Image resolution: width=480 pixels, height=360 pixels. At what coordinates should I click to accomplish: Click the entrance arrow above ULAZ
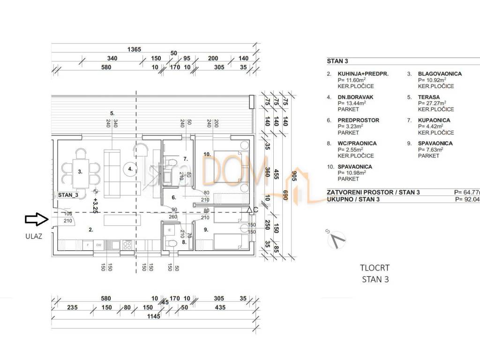36,218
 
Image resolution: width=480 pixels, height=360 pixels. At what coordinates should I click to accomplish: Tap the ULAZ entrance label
34,236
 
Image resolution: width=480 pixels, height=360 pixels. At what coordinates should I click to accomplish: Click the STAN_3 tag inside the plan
68,195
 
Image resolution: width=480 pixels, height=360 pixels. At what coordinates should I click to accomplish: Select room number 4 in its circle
131,169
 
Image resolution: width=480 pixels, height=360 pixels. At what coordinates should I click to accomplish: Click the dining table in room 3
81,172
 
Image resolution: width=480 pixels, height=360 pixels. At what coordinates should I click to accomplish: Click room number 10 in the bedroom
206,154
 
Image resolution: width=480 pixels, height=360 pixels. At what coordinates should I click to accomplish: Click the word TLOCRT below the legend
375,268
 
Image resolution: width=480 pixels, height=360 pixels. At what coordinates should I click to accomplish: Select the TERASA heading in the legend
430,97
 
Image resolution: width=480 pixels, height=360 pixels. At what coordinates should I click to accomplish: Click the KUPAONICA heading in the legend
434,120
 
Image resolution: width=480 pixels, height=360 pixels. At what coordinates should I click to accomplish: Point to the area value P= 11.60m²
351,80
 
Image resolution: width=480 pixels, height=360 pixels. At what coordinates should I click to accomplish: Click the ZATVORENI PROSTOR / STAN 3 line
373,192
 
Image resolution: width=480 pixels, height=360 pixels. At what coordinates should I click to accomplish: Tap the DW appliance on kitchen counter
98,245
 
